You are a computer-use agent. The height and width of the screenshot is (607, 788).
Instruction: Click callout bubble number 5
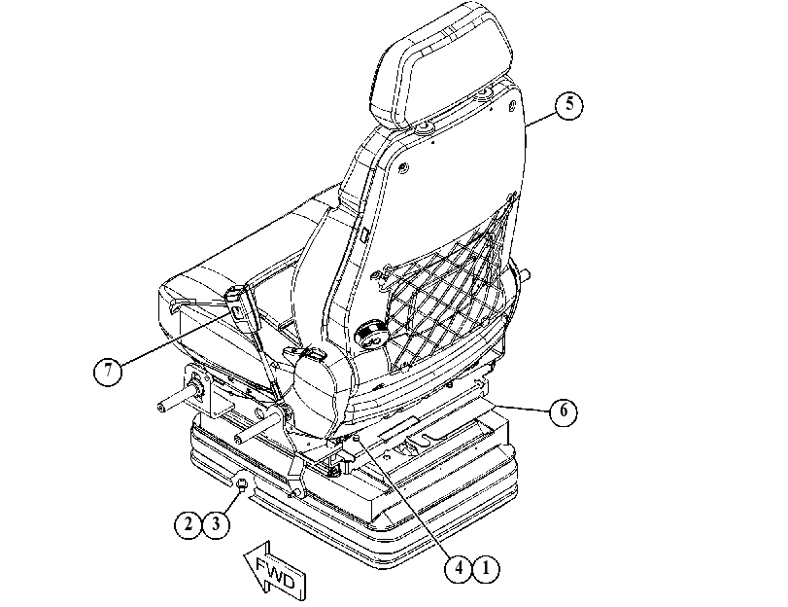[568, 105]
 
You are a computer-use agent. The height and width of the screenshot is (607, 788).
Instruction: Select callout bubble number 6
[564, 411]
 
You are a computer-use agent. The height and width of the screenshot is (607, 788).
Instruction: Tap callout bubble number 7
[108, 372]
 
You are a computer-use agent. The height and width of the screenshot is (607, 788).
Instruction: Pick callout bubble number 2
[188, 525]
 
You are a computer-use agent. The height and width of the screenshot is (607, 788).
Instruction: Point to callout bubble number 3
[216, 525]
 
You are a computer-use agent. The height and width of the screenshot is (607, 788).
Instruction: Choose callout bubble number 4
[459, 568]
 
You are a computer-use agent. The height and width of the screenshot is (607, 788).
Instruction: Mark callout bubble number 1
[486, 568]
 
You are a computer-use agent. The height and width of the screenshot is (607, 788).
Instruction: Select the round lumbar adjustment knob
[372, 335]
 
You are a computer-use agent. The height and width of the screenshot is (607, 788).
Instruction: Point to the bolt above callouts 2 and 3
[242, 484]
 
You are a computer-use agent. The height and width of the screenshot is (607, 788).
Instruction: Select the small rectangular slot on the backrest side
[364, 234]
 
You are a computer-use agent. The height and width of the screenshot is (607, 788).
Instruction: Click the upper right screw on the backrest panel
[512, 105]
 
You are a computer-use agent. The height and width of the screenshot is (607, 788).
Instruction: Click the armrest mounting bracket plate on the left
[197, 390]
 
